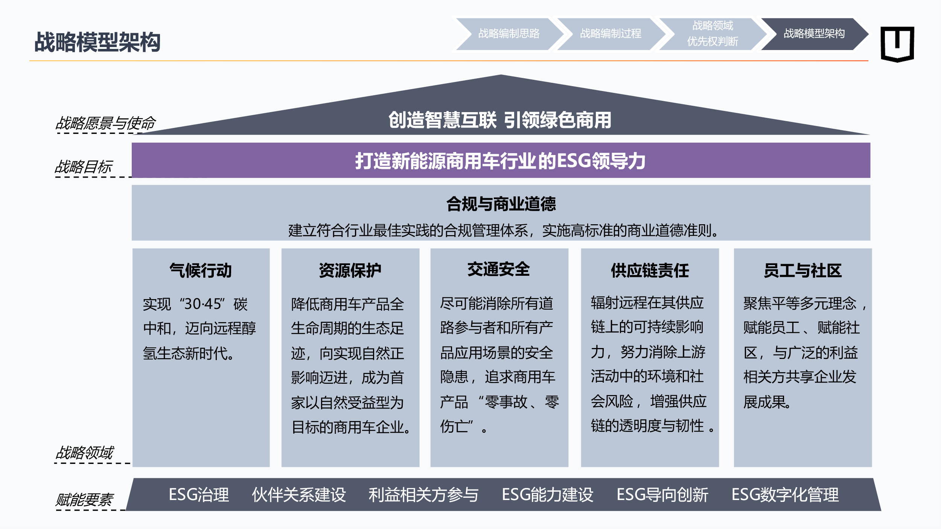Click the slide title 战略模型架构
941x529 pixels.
point(97,42)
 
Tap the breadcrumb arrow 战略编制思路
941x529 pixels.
point(509,34)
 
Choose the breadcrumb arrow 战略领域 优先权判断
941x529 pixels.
point(713,34)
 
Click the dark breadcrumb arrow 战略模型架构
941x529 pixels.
point(814,34)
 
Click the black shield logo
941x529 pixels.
point(897,44)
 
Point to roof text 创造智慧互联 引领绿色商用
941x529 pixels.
point(500,120)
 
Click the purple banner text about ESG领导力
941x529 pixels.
point(500,161)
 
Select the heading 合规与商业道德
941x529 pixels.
point(501,204)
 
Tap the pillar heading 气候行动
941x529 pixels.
point(201,271)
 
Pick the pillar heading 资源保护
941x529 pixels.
point(350,271)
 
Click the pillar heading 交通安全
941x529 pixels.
point(499,269)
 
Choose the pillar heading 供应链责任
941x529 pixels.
point(650,271)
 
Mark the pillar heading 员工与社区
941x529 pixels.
point(802,271)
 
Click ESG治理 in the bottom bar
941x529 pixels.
point(199,494)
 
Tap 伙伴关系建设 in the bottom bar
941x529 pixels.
point(299,494)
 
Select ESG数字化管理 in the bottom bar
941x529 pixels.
point(785,494)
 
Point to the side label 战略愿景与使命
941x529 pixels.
point(105,123)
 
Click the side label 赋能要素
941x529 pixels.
point(84,500)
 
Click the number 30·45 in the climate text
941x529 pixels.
point(203,304)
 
